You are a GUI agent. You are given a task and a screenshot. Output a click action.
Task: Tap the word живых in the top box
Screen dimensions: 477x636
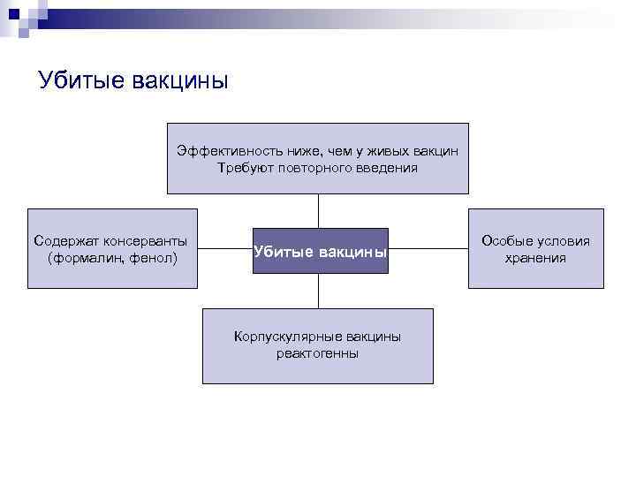coord(370,151)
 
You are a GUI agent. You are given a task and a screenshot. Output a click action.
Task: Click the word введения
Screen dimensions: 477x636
coord(386,167)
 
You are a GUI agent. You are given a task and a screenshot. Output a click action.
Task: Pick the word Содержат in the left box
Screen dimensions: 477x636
coord(65,241)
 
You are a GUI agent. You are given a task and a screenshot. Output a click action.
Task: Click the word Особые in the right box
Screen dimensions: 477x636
coord(504,241)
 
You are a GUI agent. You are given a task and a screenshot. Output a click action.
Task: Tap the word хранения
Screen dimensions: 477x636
coord(535,258)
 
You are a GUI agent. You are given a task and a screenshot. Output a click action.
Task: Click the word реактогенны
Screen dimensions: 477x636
coord(317,353)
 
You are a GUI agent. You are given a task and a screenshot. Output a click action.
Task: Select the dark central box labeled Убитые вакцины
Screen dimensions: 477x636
coord(320,251)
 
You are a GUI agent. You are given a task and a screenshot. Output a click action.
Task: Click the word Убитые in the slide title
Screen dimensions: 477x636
coord(81,81)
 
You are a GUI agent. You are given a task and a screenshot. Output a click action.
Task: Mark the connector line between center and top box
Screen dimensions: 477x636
coord(318,210)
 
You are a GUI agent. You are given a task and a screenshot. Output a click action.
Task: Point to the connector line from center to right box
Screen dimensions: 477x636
coord(428,249)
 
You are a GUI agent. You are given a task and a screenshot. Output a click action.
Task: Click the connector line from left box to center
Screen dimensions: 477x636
coord(225,249)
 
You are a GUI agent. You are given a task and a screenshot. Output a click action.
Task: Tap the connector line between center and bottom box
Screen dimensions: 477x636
coord(318,291)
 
